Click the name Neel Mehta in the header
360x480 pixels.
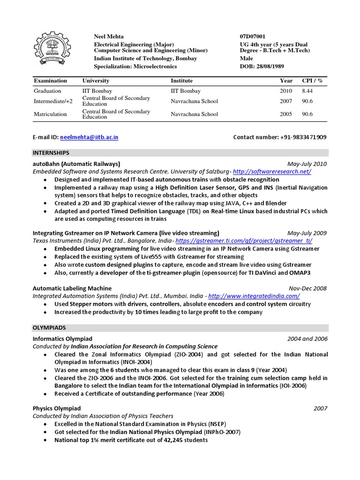109,36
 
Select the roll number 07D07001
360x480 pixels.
252,36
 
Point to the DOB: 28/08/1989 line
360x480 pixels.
262,66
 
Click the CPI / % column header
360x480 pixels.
312,81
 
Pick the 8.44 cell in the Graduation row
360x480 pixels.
307,91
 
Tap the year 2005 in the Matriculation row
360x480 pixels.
285,114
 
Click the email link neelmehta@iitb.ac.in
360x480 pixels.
89,137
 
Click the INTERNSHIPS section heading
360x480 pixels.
51,153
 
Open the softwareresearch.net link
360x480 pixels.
271,172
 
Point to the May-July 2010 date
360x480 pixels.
307,164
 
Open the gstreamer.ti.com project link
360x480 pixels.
243,240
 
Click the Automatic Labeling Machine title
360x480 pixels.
72,288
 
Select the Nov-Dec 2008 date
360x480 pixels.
308,288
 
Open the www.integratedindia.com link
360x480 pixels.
254,296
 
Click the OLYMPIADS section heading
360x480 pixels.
49,328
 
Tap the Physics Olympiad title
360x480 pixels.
57,408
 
